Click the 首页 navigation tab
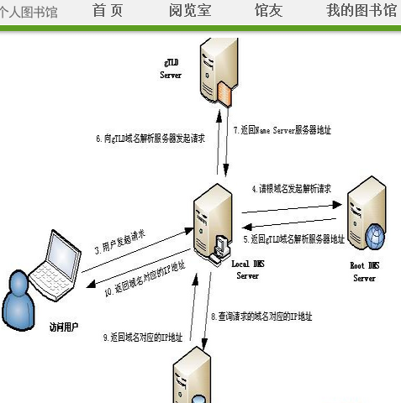107,11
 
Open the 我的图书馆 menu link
361,11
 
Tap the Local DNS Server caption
247,270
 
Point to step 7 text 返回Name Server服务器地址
282,130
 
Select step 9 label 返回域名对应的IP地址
143,338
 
